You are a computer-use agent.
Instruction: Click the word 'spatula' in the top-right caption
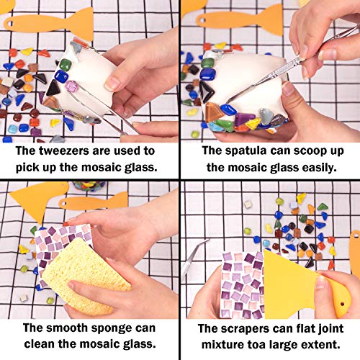(237, 151)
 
